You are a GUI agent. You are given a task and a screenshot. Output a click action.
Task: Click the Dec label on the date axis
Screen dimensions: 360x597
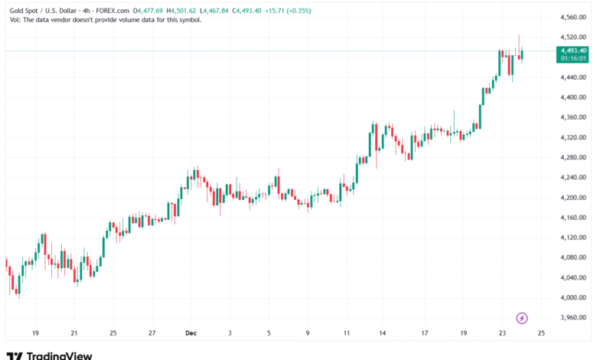tap(191, 333)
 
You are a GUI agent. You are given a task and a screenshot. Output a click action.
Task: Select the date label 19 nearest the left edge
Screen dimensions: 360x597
tap(35, 333)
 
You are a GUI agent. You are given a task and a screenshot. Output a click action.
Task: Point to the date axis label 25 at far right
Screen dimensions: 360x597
tap(542, 333)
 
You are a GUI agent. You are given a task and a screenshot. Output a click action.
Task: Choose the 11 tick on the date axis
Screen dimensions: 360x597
tap(347, 333)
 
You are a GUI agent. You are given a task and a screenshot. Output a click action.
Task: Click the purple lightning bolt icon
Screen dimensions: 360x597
tap(522, 317)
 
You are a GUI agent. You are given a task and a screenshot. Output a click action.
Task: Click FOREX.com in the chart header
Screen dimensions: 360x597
tap(111, 11)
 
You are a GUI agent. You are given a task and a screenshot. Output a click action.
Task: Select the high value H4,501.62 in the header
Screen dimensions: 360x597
tap(182, 11)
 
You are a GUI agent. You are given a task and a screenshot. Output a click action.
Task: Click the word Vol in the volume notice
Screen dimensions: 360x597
tap(15, 20)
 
